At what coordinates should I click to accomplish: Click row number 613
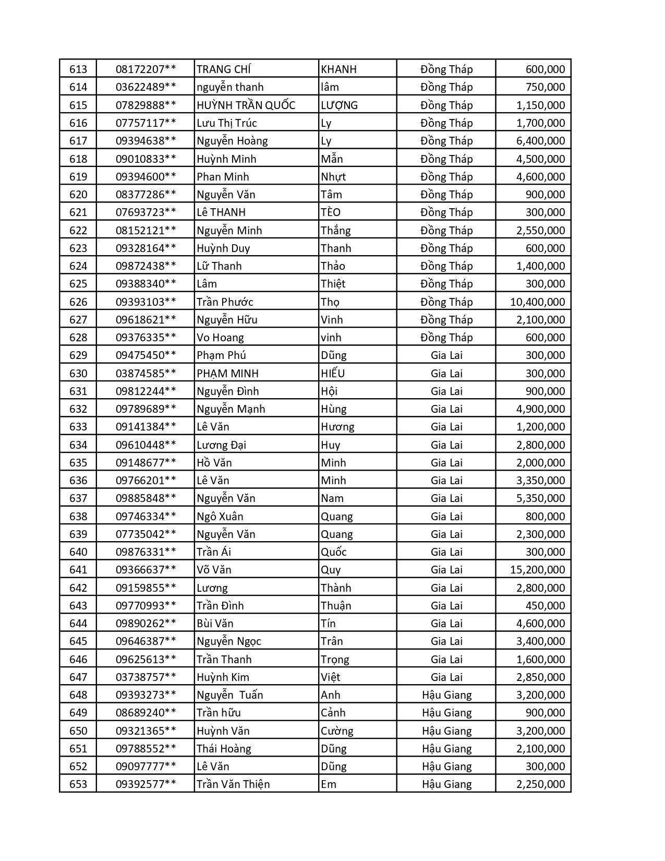78,69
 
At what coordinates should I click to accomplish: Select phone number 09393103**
146,302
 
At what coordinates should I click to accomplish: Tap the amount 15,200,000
537,570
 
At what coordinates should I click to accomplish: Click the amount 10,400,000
537,302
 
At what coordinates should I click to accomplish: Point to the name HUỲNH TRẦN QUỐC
246,105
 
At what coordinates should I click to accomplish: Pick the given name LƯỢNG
339,105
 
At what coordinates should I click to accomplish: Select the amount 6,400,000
540,141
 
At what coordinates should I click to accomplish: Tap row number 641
78,570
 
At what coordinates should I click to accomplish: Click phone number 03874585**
146,374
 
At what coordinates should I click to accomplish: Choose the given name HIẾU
333,374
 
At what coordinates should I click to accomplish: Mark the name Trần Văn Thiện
233,784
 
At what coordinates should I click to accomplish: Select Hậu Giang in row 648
446,695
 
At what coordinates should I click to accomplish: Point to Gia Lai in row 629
446,355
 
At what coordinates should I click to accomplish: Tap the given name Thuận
336,606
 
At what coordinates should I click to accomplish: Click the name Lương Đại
221,445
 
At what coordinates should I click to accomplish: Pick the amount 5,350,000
540,498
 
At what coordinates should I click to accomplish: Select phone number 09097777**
146,767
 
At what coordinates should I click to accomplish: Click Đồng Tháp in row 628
446,338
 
